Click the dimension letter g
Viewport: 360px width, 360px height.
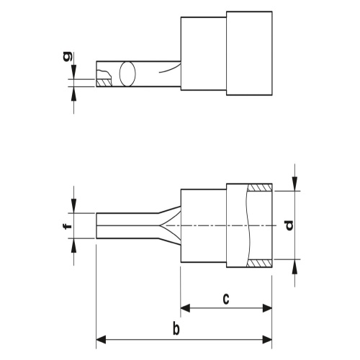(67, 56)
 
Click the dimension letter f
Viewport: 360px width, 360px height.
(68, 226)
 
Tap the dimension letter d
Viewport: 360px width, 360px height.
(289, 225)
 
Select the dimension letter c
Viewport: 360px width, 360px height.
(226, 299)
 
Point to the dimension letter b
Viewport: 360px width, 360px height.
(176, 329)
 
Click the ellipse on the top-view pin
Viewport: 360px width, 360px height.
(127, 74)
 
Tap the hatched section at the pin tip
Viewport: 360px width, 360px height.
(104, 83)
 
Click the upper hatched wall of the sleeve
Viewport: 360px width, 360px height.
(259, 187)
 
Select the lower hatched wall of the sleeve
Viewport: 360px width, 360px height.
(259, 264)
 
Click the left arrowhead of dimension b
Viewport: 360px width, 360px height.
(101, 340)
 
